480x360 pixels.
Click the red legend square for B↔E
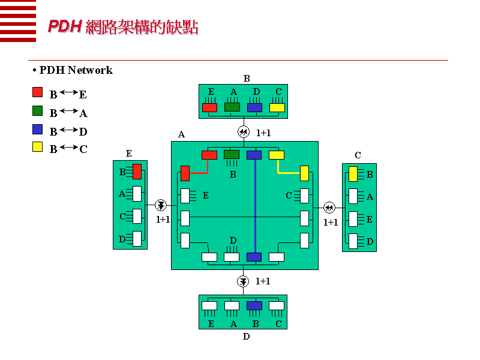pyautogui.click(x=37, y=92)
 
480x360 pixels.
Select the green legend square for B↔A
pyautogui.click(x=37, y=110)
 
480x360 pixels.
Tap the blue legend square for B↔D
pyautogui.click(x=37, y=129)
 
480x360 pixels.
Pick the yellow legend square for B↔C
pyautogui.click(x=37, y=147)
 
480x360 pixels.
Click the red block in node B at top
pyautogui.click(x=209, y=107)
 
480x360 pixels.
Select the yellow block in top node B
pyautogui.click(x=277, y=107)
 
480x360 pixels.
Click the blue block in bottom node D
pyautogui.click(x=254, y=305)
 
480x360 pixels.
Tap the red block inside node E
pyautogui.click(x=137, y=172)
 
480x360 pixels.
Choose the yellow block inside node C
pyautogui.click(x=353, y=174)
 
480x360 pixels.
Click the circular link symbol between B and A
pyautogui.click(x=243, y=132)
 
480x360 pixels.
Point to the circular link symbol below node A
pyautogui.click(x=243, y=281)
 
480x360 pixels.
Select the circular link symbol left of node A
pyautogui.click(x=160, y=205)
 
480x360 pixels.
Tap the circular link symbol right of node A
pyautogui.click(x=329, y=208)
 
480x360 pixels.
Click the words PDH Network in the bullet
pyautogui.click(x=76, y=70)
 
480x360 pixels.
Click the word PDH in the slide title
pyautogui.click(x=64, y=27)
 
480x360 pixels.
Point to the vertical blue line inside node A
pyautogui.click(x=255, y=204)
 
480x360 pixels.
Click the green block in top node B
pyautogui.click(x=232, y=107)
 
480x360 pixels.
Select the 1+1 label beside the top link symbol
pyautogui.click(x=263, y=133)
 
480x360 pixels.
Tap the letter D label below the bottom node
pyautogui.click(x=246, y=337)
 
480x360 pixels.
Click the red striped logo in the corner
pyautogui.click(x=17, y=21)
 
